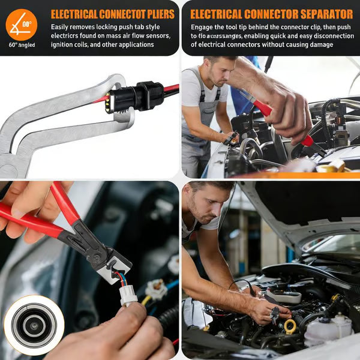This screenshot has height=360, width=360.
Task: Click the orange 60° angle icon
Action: (21, 24)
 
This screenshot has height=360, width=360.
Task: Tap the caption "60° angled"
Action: (22, 45)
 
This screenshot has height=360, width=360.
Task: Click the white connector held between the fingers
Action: (128, 293)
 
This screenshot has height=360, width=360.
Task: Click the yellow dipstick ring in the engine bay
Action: (290, 327)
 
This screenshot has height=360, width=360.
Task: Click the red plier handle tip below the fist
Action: (308, 140)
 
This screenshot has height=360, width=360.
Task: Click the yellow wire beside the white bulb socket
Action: (146, 299)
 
